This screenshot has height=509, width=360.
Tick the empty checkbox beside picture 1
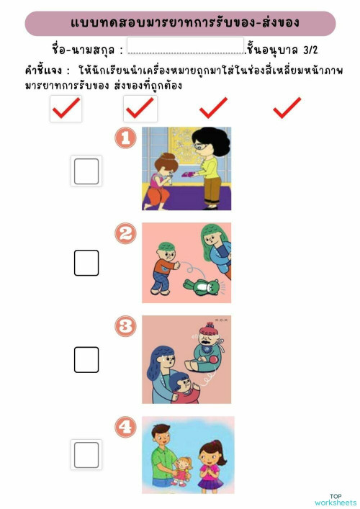coord(86,171)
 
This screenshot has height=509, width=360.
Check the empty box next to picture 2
coord(86,263)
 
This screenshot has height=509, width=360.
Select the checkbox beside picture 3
coord(86,359)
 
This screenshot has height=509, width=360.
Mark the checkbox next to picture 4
coord(86,455)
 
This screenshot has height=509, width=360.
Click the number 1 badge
coord(126,138)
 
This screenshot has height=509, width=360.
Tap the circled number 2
coord(126,233)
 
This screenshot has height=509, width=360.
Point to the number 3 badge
coord(126,328)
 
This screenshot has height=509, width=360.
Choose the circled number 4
coord(126,428)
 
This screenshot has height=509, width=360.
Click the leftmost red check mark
coord(66,108)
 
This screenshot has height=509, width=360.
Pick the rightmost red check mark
coord(287,108)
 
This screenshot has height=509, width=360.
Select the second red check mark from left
coord(140,108)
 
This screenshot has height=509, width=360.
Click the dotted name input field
coord(186,48)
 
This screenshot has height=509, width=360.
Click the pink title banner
coord(180,23)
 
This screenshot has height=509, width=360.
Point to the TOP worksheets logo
coord(335,500)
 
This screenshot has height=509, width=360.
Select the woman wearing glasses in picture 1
coord(207,166)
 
